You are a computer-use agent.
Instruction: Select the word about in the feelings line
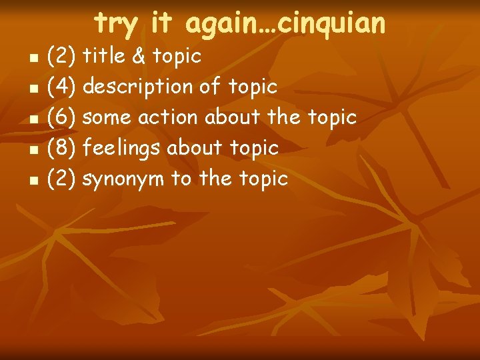(x=196, y=148)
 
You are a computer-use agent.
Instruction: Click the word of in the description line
(x=213, y=87)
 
